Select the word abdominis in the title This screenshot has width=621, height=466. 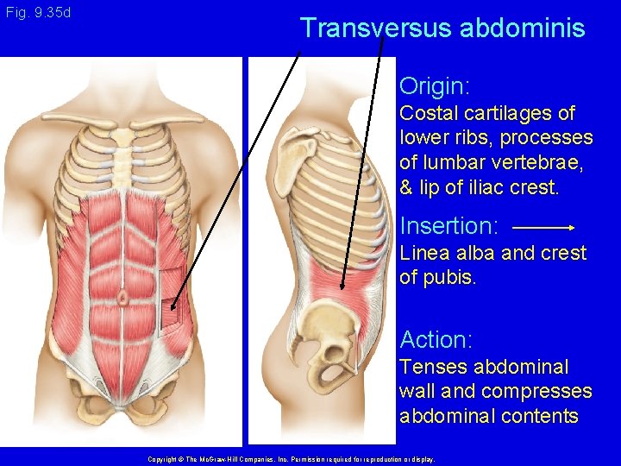[x=523, y=28]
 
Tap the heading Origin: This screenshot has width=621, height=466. [x=435, y=86]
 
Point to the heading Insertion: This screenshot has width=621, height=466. [x=449, y=227]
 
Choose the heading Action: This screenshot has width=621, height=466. [x=436, y=340]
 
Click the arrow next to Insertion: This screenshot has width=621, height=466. [x=543, y=227]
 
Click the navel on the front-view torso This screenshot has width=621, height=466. [x=123, y=298]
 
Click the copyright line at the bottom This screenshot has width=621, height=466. [x=291, y=460]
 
